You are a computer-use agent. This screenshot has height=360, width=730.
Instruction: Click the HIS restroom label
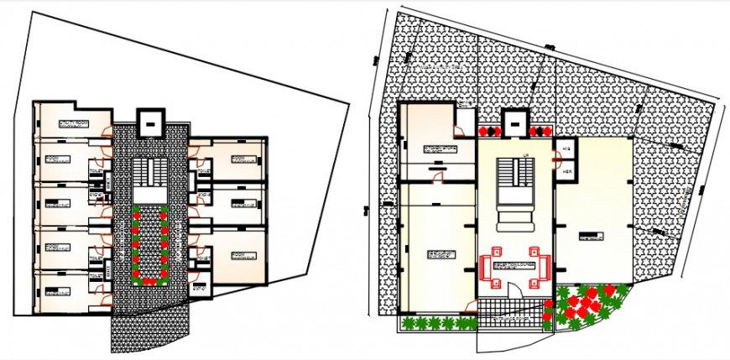coord(567,149)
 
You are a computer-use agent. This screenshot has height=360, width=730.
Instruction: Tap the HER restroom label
coord(567,170)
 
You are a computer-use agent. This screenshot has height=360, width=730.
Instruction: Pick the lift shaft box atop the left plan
coord(149,123)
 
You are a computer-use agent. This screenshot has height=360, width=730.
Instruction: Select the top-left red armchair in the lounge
coord(496,250)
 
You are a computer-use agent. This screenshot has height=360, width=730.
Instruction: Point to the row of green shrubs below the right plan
coord(435,322)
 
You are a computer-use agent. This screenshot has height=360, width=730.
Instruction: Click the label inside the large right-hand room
coord(592,237)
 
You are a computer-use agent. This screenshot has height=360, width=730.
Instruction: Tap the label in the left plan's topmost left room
coord(74,123)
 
